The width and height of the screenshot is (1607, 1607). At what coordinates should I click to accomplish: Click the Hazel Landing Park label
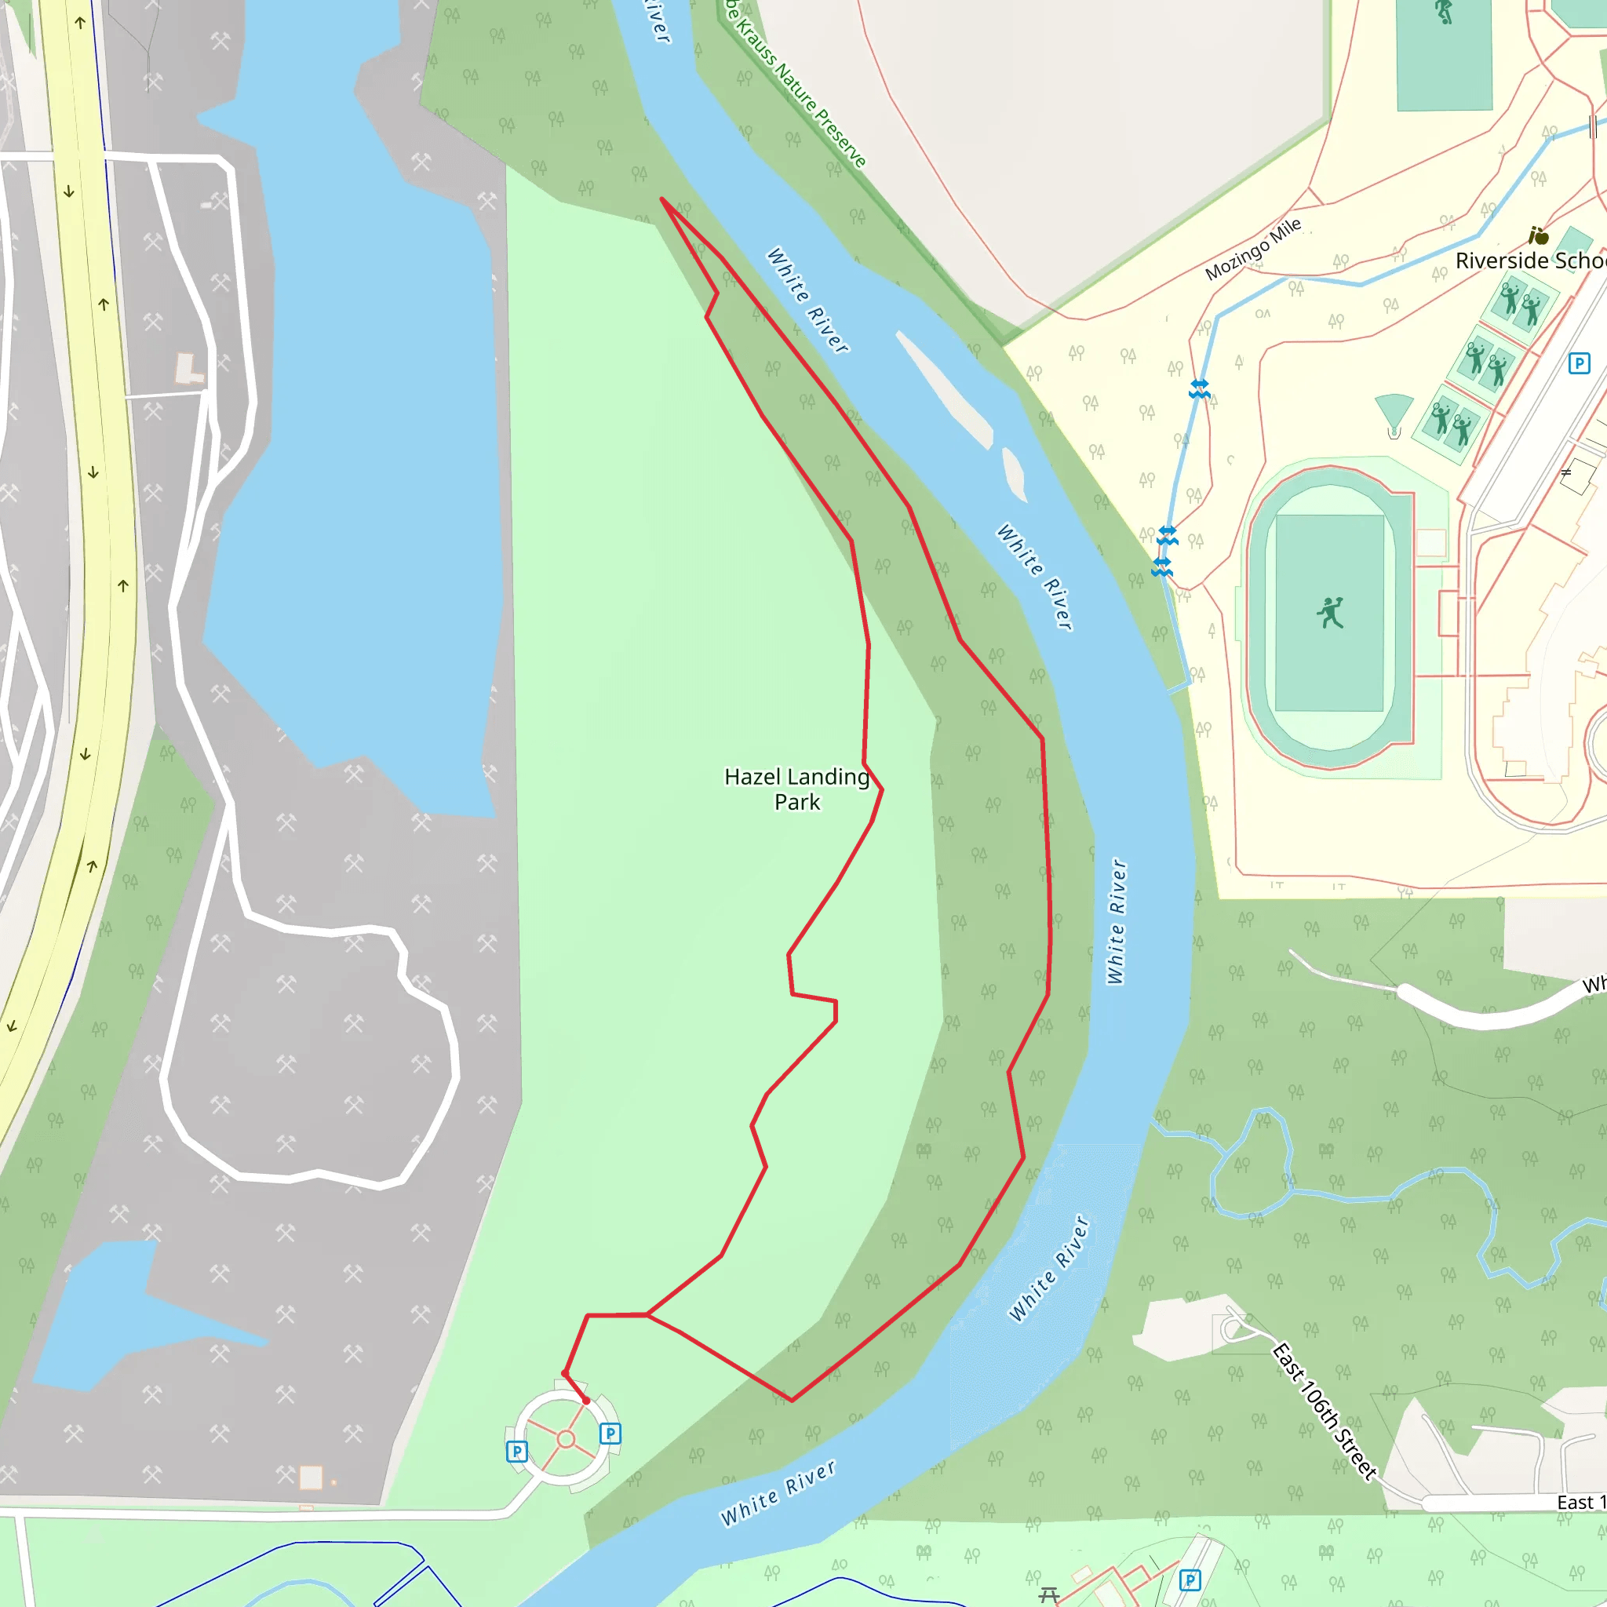tap(797, 789)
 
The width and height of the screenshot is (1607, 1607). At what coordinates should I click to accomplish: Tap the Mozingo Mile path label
tap(1252, 249)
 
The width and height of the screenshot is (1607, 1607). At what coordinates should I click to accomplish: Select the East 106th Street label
tap(1325, 1411)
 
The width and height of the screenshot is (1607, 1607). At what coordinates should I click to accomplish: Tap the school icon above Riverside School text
tap(1538, 236)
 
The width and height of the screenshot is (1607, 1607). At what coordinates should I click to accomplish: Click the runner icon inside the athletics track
tap(1330, 612)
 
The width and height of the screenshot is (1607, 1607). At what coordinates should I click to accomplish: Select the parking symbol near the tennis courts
tap(1579, 363)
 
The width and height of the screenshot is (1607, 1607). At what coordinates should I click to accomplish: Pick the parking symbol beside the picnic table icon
tap(1190, 1580)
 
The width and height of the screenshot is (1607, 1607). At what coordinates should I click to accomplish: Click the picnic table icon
tap(1049, 1594)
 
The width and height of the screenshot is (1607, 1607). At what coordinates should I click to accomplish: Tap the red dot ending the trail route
tap(586, 1401)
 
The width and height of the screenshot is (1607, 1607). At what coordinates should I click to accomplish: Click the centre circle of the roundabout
tap(566, 1439)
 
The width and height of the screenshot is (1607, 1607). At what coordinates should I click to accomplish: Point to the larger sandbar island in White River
tap(946, 389)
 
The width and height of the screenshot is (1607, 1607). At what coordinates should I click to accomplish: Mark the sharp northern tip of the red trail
tap(662, 199)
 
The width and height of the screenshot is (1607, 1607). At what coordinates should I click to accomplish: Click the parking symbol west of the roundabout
tap(516, 1452)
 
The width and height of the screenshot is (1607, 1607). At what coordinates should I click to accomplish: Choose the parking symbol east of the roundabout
tap(610, 1433)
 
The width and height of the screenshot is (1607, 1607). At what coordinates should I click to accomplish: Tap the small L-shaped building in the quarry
tap(188, 369)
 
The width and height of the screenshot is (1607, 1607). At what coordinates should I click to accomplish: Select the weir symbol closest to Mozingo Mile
tap(1199, 388)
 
